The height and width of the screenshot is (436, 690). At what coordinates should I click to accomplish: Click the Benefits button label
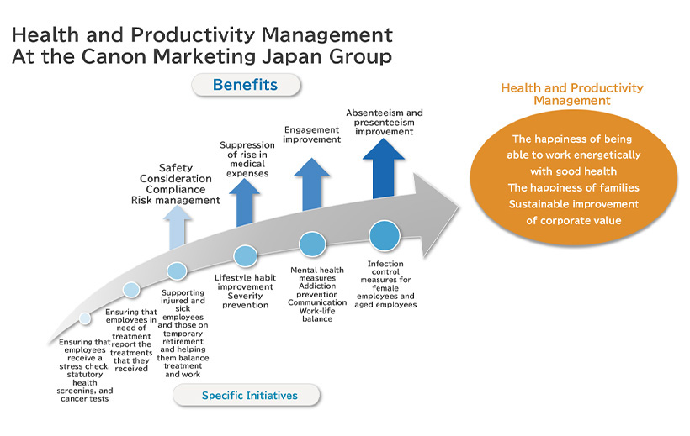pos(245,84)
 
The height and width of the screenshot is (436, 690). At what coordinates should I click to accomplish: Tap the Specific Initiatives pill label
pos(250,395)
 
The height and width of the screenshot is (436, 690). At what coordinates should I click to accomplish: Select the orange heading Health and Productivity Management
pos(572,94)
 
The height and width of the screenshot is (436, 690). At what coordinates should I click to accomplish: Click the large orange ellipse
pos(573,178)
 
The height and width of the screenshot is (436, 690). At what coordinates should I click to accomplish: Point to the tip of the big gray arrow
pos(459,207)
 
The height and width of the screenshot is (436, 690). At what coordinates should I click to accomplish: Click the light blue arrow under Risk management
pos(177,227)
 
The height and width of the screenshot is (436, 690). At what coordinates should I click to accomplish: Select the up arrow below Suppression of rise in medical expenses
pos(244,202)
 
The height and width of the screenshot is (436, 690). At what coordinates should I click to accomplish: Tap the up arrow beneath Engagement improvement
pos(311,184)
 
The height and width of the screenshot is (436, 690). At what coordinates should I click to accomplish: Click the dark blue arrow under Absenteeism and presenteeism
pos(384,168)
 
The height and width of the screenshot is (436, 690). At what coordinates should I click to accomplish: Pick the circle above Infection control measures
pos(385,235)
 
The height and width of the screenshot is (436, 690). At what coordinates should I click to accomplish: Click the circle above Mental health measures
pos(312,244)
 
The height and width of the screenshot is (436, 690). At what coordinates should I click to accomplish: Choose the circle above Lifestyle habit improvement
pos(245,255)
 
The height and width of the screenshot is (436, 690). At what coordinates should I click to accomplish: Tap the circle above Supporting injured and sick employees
pos(177,271)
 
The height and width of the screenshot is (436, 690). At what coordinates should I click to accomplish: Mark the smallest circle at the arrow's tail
pos(85,318)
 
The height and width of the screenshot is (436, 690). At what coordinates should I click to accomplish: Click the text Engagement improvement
pos(311,134)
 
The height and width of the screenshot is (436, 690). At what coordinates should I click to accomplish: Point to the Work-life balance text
pos(317,315)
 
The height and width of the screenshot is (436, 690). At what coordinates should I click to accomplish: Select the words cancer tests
pos(84,399)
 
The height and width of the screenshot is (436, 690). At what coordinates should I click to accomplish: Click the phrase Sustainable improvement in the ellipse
pos(574,204)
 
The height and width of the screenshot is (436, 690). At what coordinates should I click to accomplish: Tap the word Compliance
pos(176,189)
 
